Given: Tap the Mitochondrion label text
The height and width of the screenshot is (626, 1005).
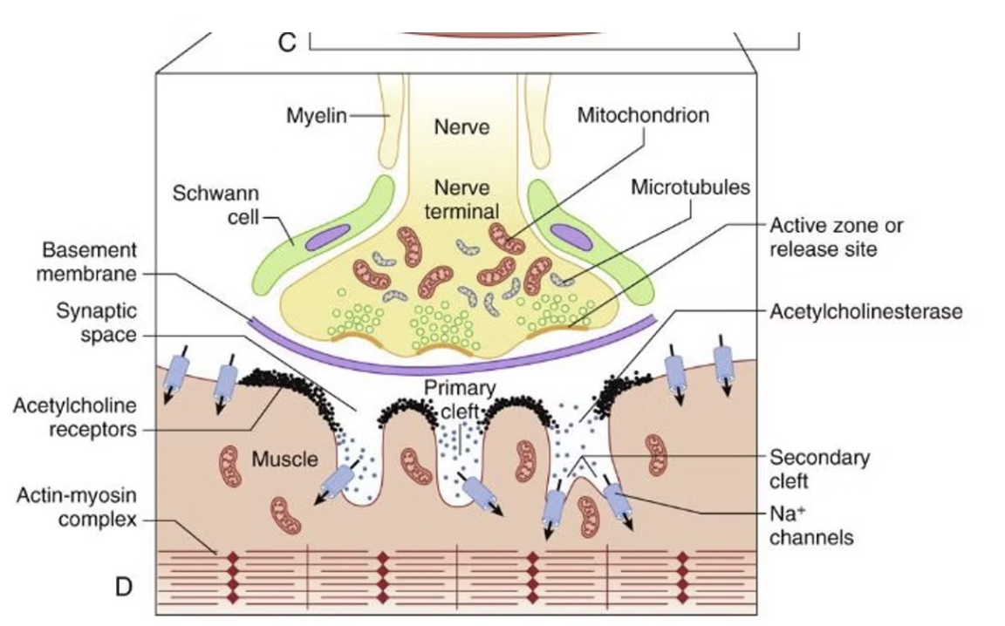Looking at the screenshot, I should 643,115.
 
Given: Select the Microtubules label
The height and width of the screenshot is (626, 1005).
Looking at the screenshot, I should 689,187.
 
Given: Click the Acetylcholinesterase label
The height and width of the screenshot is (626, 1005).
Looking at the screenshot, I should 865,311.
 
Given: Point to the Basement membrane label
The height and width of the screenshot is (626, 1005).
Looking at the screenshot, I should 90,262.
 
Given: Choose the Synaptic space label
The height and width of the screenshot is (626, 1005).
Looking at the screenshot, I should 97,323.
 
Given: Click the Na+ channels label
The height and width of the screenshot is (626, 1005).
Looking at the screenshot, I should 810,525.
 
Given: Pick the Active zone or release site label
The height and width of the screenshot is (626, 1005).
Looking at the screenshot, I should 835,237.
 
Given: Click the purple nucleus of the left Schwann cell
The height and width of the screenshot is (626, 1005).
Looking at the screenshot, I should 326,236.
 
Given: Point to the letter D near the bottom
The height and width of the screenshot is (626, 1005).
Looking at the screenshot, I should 124,587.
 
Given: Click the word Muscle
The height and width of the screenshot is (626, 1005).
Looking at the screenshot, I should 285,458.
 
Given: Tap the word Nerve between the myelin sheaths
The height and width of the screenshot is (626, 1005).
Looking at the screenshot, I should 461,127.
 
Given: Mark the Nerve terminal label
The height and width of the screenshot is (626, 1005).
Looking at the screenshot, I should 461,199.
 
